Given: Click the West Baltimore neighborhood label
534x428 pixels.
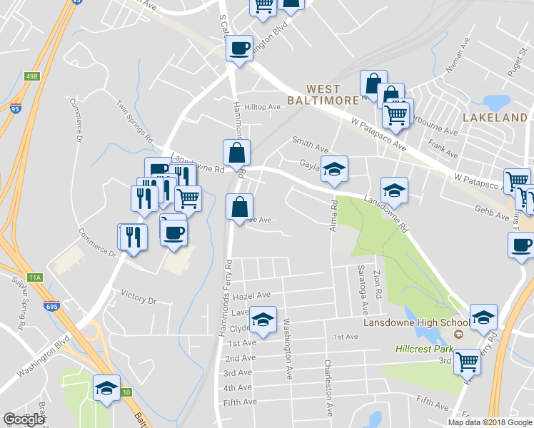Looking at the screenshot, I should click(x=323, y=94).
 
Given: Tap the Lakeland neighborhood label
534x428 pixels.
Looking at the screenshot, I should click(x=494, y=117).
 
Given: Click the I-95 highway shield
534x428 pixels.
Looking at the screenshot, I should click(x=15, y=109).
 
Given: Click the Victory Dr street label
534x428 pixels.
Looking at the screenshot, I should click(x=138, y=298).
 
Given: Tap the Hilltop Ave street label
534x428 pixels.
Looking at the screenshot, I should click(x=262, y=107).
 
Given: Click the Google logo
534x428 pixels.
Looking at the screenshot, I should click(x=24, y=419).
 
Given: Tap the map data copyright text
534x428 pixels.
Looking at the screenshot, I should click(x=490, y=422).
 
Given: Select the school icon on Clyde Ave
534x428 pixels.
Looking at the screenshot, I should click(x=263, y=320).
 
